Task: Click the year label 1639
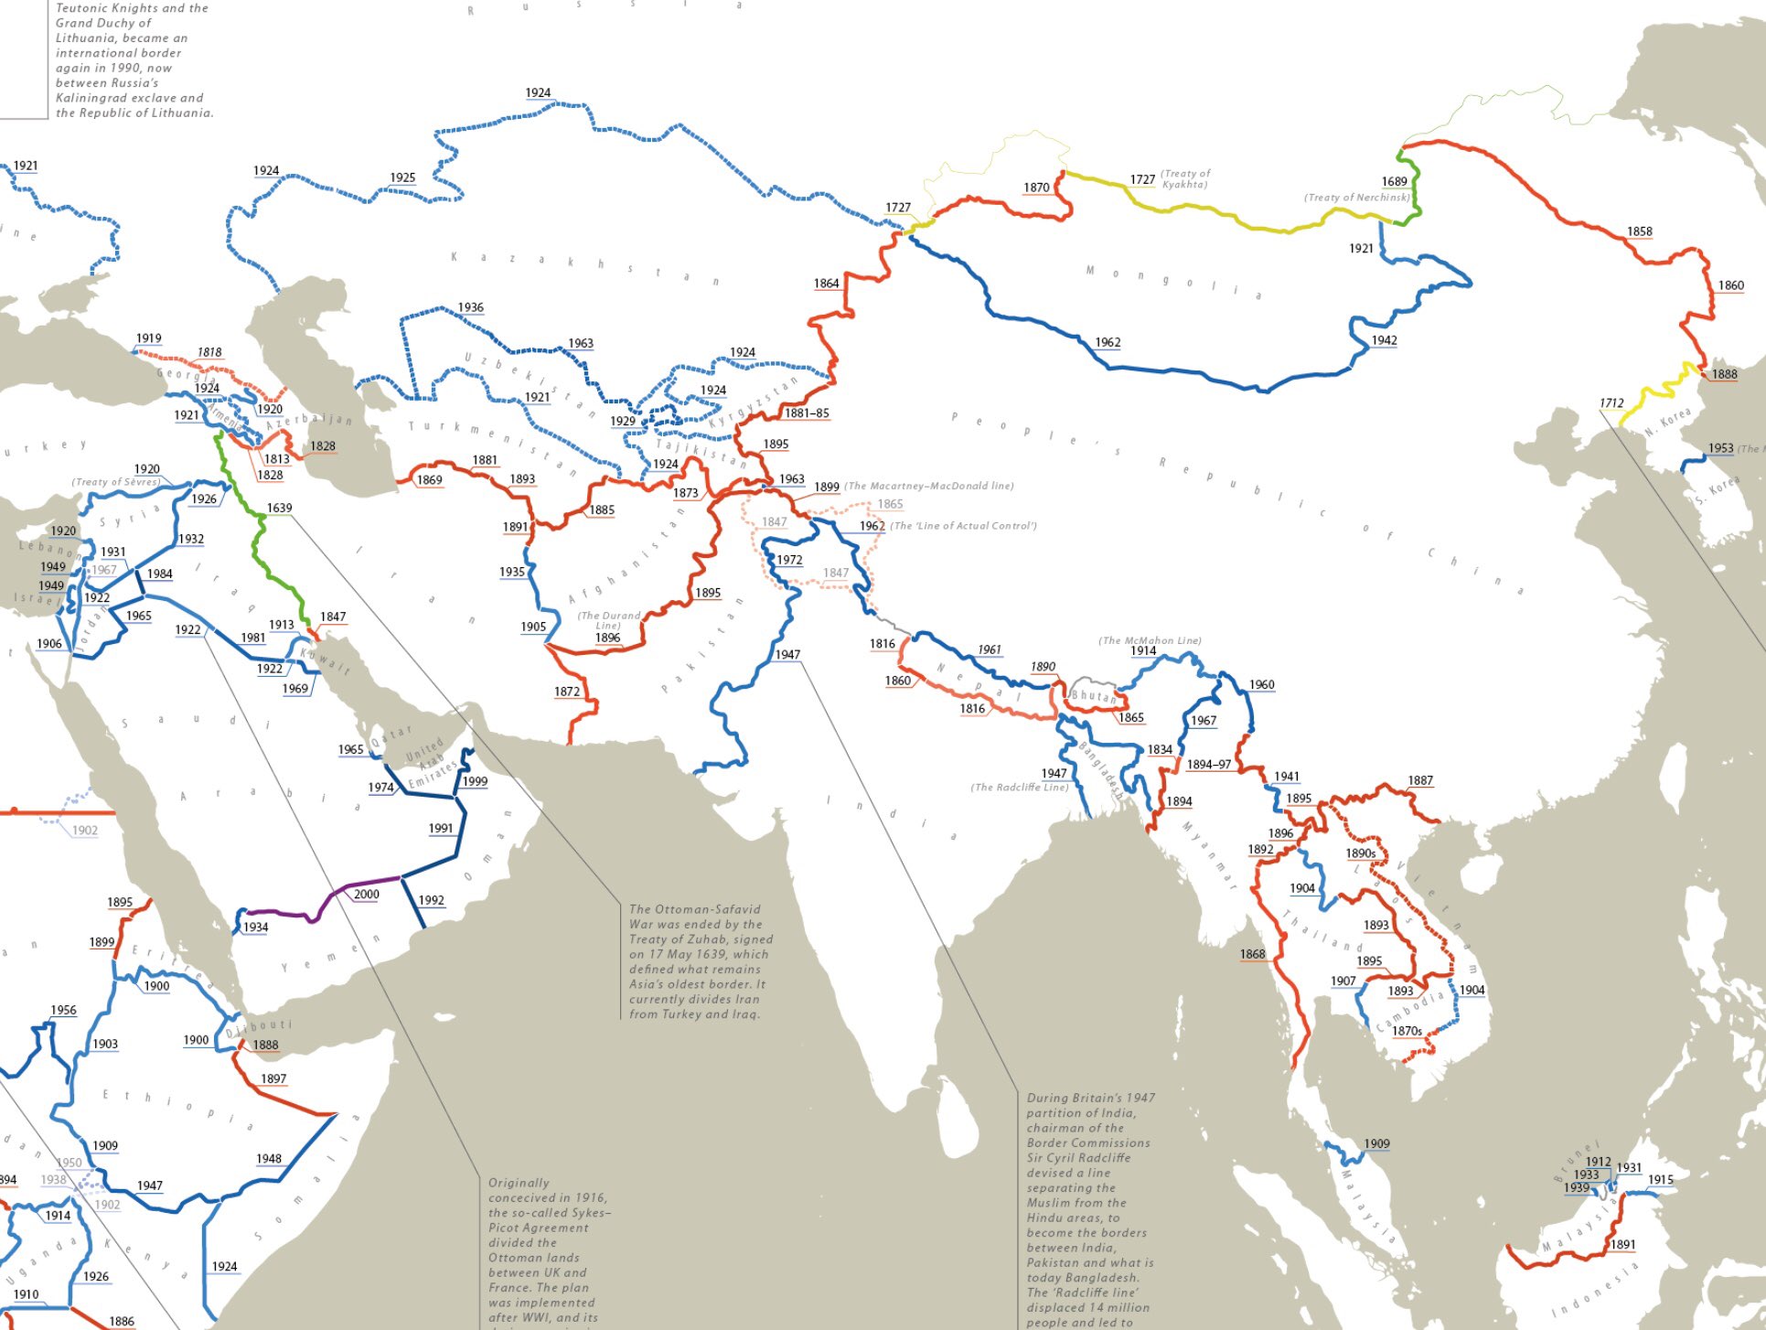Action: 279,508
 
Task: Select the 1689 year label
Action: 1394,181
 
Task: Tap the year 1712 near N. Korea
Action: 1611,402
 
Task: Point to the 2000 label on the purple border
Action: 366,894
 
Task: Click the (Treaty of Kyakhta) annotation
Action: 1184,178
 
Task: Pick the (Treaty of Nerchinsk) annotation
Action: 1357,197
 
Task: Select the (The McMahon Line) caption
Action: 1150,640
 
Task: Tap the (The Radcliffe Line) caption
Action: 1019,787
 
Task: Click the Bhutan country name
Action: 1094,695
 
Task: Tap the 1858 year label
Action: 1639,231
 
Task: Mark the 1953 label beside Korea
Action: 1720,448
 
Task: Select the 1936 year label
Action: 470,307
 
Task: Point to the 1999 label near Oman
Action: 474,781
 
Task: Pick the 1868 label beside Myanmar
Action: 1252,954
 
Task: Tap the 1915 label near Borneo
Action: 1660,1179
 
